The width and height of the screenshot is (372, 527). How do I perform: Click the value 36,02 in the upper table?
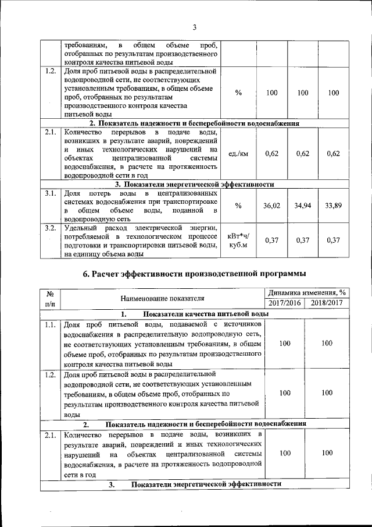(x=272, y=206)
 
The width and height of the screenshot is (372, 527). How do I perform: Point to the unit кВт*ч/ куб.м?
(x=238, y=240)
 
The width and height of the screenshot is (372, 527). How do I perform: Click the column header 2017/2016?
(x=284, y=304)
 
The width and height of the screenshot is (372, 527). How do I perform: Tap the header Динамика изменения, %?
(x=305, y=293)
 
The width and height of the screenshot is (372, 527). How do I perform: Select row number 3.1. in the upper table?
(x=50, y=193)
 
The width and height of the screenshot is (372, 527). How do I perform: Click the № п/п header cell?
(x=50, y=298)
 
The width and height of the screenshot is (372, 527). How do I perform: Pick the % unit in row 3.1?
(x=238, y=206)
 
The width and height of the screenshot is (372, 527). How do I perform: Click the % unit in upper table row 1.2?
(x=238, y=93)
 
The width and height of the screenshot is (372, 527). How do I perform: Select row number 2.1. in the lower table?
(x=50, y=435)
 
